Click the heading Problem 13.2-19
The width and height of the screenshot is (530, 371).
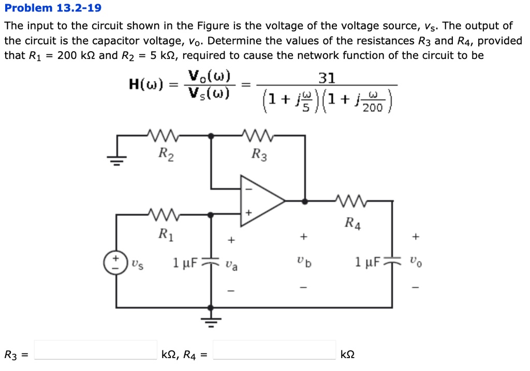tap(53, 8)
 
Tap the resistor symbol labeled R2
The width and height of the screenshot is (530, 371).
tap(164, 136)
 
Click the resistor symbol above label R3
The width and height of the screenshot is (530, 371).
tap(258, 136)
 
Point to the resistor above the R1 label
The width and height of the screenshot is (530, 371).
tap(164, 214)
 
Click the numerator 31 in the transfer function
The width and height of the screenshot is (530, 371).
tap(327, 78)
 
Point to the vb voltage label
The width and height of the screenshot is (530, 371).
tap(305, 262)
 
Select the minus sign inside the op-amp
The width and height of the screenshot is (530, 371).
tap(248, 188)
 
